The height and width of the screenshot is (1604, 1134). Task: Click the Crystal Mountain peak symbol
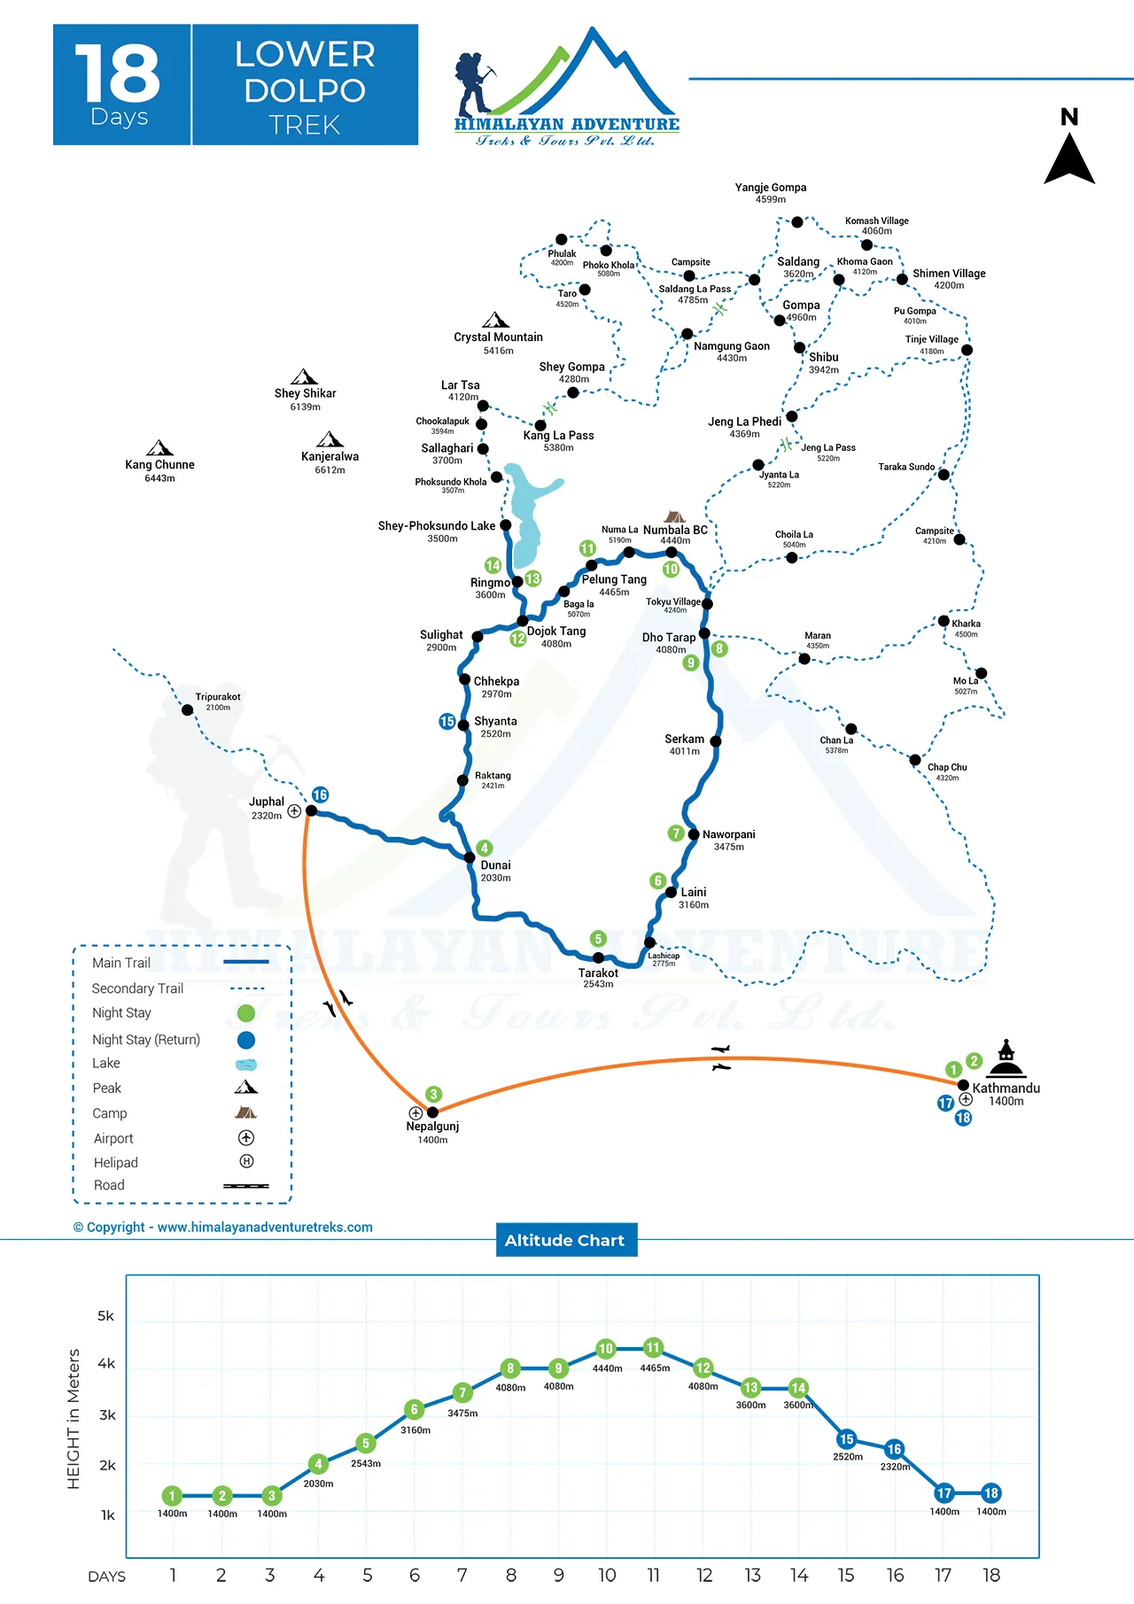tap(495, 320)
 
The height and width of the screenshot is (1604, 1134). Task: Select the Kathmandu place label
tap(1006, 1089)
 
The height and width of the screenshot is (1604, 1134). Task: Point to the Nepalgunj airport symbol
tap(415, 1112)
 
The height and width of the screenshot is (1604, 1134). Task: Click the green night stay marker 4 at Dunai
tap(484, 848)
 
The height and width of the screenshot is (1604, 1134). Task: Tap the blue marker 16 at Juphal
tap(320, 794)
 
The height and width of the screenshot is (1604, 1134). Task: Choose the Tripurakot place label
tap(218, 697)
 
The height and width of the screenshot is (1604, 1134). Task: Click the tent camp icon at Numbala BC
tap(675, 516)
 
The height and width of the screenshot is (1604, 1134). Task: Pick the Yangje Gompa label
tap(770, 188)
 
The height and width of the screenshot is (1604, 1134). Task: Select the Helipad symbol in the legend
tap(246, 1161)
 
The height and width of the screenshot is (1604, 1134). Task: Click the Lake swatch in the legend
tap(246, 1064)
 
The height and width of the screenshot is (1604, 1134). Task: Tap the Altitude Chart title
tap(565, 1240)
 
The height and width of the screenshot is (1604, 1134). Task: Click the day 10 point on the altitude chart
tap(606, 1349)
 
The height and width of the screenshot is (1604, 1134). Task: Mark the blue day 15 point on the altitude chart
tap(846, 1439)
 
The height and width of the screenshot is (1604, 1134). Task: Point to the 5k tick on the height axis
tap(106, 1316)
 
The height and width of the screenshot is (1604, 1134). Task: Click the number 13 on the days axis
tap(752, 1576)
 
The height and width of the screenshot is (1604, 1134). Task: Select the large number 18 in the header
tap(118, 74)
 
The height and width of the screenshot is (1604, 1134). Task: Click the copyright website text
tap(223, 1227)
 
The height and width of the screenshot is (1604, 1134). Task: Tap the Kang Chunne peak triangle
tap(159, 448)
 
